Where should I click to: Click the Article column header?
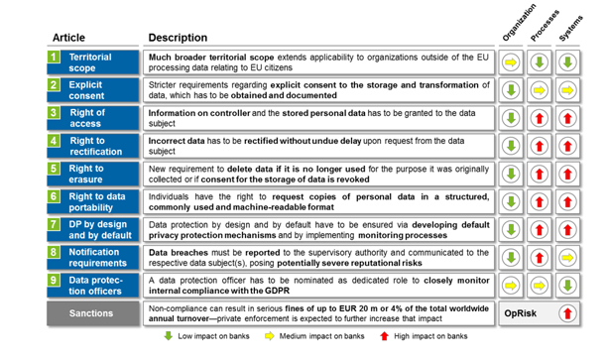pos(69,38)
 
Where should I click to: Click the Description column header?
pos(178,38)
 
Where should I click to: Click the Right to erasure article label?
pos(95,175)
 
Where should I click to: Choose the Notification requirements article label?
pos(95,258)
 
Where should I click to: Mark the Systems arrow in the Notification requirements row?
pos(566,258)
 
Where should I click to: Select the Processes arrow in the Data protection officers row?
pos(539,286)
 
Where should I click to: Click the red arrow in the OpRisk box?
pos(566,313)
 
